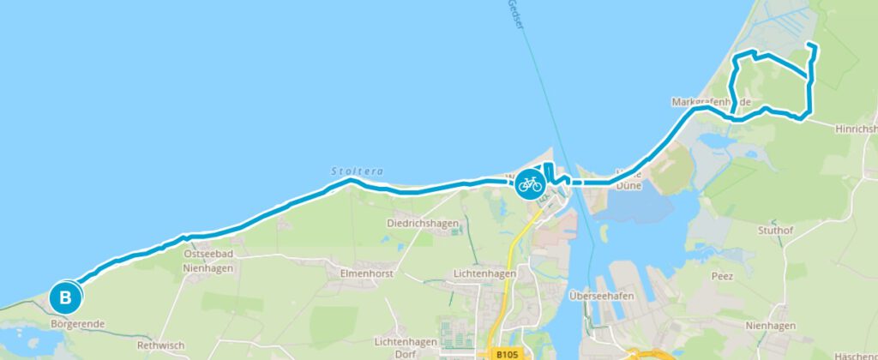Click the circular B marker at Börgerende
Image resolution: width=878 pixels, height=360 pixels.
click(x=65, y=298)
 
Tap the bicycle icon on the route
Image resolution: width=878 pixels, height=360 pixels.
click(x=529, y=183)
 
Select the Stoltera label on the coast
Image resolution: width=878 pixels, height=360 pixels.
click(x=356, y=171)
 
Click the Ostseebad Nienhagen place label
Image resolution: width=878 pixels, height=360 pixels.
click(x=208, y=261)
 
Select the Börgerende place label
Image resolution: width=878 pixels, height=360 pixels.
click(x=78, y=324)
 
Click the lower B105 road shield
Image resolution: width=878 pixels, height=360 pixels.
click(x=508, y=353)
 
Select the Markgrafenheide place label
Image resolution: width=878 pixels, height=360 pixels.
click(x=711, y=102)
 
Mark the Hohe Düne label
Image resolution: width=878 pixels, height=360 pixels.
click(x=631, y=179)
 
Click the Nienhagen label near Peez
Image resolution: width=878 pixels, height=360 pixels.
click(x=769, y=325)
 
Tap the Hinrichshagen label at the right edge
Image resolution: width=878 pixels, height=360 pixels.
click(x=857, y=129)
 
